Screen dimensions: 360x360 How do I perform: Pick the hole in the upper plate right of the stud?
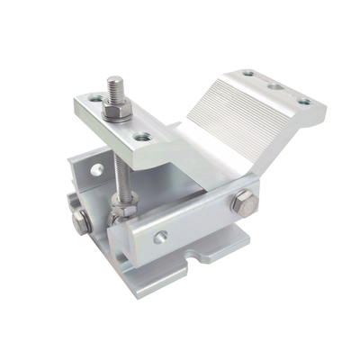(142, 137)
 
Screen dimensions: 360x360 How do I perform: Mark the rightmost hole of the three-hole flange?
(306, 102)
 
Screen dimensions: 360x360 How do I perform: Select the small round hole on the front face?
(162, 238)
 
